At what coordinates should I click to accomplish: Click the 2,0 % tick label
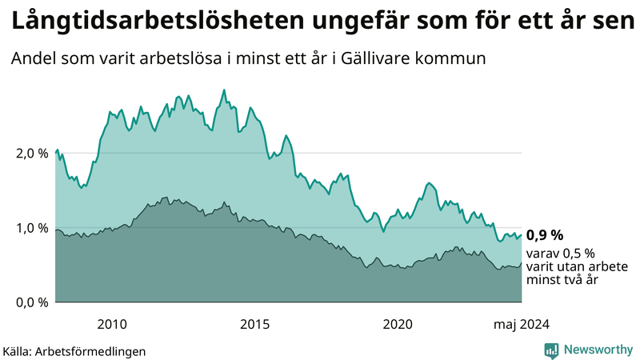(x=30, y=153)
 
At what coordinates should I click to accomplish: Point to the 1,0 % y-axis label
(x=30, y=228)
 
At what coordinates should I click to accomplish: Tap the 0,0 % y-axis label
(x=30, y=302)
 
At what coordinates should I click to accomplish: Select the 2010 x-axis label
(x=112, y=324)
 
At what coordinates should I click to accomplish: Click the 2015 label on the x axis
(x=255, y=324)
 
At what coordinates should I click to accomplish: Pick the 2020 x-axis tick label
(x=398, y=324)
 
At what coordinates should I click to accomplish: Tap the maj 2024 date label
(x=521, y=324)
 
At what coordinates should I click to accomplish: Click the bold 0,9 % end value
(x=544, y=235)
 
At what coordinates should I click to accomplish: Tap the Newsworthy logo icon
(x=551, y=350)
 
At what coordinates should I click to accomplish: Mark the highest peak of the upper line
(x=223, y=90)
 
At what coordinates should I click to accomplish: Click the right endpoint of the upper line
(x=522, y=234)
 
